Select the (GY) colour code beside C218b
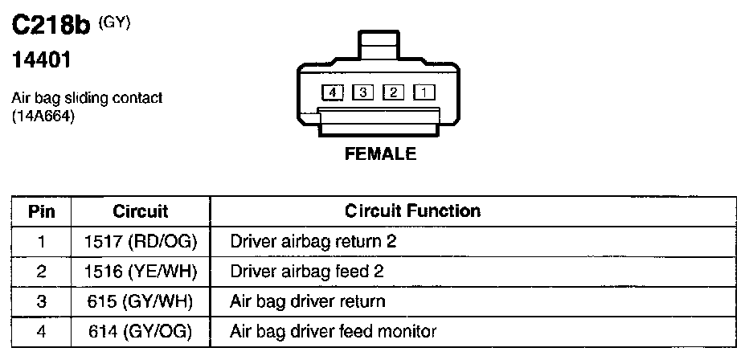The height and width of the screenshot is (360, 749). (x=114, y=22)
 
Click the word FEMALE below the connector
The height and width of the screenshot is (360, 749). (x=381, y=154)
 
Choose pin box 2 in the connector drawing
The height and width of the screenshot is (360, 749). (x=394, y=92)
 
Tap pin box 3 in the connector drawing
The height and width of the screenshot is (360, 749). (x=364, y=92)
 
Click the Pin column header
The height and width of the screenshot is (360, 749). (x=41, y=211)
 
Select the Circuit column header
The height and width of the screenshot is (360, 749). (x=141, y=211)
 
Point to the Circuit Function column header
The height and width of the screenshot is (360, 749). (x=412, y=211)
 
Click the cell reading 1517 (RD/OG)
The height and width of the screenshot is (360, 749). (x=141, y=241)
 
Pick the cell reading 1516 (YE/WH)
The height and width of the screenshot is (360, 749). (x=141, y=272)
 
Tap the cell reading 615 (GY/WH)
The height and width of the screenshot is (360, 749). (x=141, y=301)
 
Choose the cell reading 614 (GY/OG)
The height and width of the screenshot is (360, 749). (x=141, y=331)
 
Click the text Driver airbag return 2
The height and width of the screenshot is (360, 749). (x=313, y=241)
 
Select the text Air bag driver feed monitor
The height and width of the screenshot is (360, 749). (x=333, y=331)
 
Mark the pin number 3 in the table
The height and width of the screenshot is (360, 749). (x=41, y=301)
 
